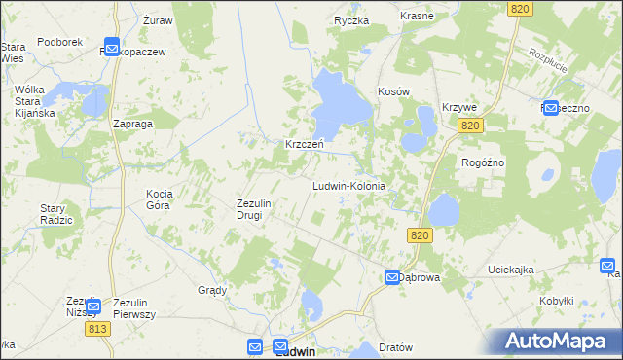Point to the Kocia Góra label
coord(158,198)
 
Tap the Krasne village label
coord(417,17)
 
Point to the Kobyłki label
coord(555,302)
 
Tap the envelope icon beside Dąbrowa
coord(391,277)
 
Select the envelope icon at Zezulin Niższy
coord(93,306)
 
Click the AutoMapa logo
coord(560,341)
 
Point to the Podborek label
coord(59,43)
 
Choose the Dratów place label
coord(395,347)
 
